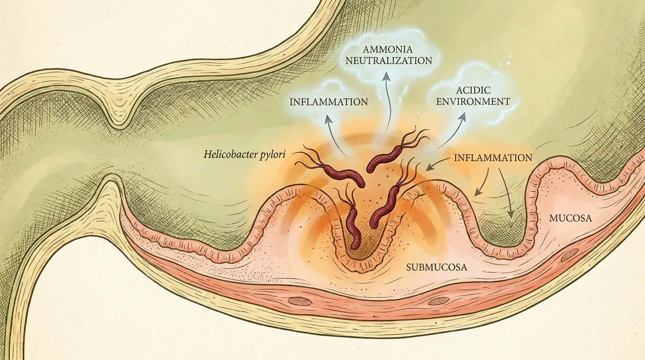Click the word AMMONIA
click(388, 49)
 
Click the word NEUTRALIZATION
click(389, 61)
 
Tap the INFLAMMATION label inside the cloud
click(329, 102)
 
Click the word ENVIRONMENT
click(473, 102)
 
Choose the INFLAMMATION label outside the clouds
click(493, 157)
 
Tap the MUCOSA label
click(570, 218)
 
